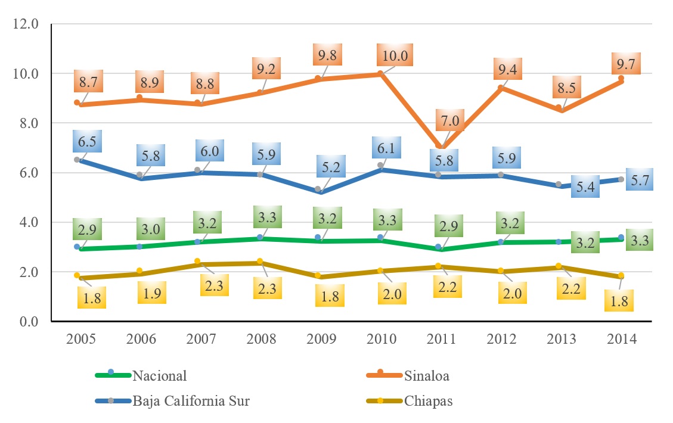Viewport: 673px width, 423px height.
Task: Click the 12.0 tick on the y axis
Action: coord(26,24)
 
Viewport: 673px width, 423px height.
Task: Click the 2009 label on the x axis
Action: coord(321,339)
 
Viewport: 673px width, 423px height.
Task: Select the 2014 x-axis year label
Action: coord(622,339)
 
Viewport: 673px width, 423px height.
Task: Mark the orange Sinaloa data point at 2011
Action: coord(441,147)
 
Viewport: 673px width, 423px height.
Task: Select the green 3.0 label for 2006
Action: coord(147,229)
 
